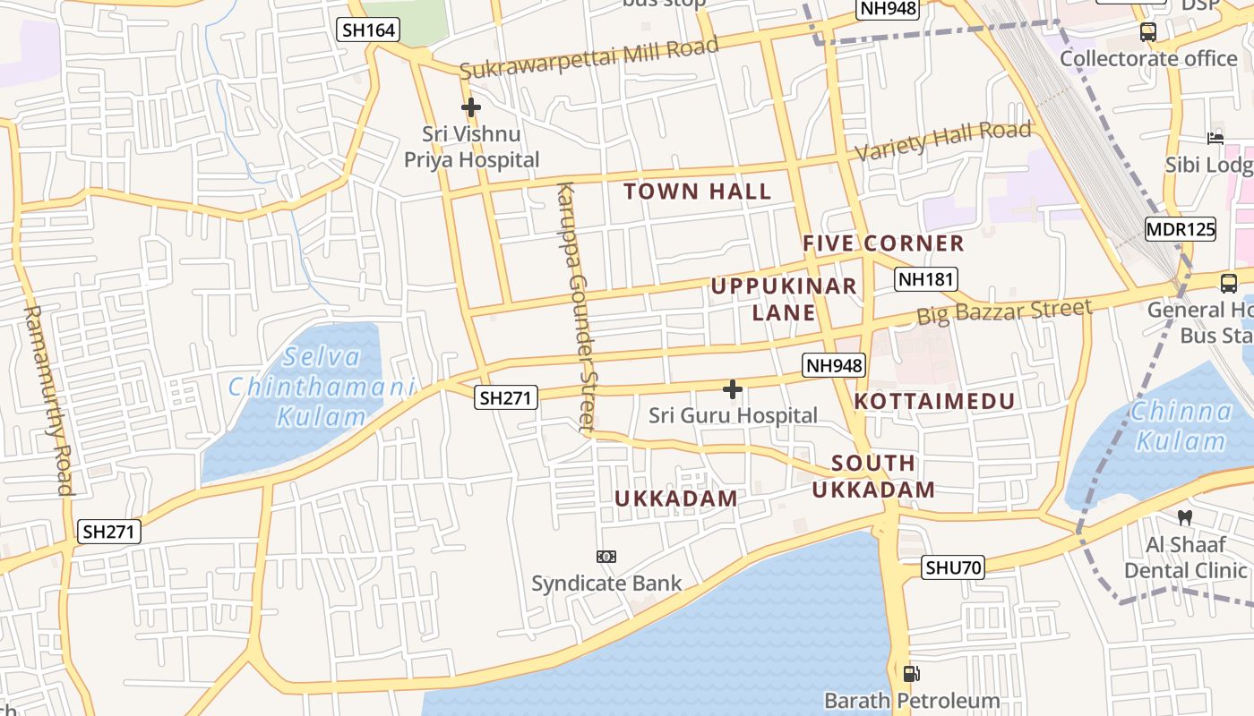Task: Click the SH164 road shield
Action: click(x=368, y=30)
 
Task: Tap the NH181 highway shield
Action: click(x=926, y=279)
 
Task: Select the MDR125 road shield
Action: click(x=1181, y=229)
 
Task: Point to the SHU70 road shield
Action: click(x=953, y=567)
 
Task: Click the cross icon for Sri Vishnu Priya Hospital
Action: click(x=471, y=108)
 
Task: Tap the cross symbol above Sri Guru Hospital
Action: click(x=733, y=389)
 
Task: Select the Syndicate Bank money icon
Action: click(x=606, y=557)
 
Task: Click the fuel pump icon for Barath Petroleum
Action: click(x=911, y=674)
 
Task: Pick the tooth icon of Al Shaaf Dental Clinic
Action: click(x=1184, y=517)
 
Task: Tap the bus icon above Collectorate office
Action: click(x=1148, y=32)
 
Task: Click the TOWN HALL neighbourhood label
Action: click(x=697, y=192)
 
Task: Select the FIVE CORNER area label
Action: click(x=883, y=243)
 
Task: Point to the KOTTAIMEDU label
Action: click(x=934, y=401)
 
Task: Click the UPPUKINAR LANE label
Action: click(x=784, y=299)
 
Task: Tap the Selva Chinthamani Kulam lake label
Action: click(x=322, y=387)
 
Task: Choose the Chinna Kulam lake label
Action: click(x=1181, y=426)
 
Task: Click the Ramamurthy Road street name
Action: click(x=47, y=399)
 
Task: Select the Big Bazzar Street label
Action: click(x=1003, y=312)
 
